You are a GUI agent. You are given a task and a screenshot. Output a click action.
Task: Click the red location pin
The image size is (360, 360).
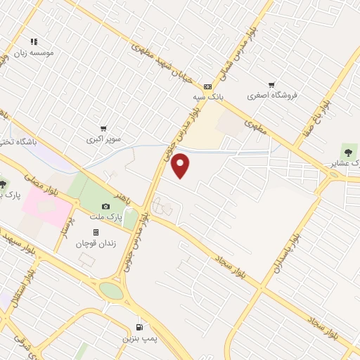coord(181,166)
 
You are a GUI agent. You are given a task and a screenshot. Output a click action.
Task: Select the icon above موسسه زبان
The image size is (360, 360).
coord(34,41)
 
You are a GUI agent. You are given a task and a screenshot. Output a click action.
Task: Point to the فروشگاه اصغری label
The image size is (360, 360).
coord(272,95)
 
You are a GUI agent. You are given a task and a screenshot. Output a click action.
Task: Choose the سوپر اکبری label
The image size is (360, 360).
coord(104,139)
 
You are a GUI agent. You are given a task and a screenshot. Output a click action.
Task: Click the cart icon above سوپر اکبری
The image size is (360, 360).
coord(103,129)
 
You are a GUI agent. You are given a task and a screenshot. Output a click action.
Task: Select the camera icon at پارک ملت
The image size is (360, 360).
coord(106,207)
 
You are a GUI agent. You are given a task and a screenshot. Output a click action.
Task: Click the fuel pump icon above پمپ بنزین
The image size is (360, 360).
coord(139,327)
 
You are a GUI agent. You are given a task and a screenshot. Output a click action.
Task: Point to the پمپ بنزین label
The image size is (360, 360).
coord(138,338)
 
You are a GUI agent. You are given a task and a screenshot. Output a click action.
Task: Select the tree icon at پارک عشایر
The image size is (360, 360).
coord(349,150)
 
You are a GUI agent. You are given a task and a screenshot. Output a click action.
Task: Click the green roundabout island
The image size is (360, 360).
coord(110,290)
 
